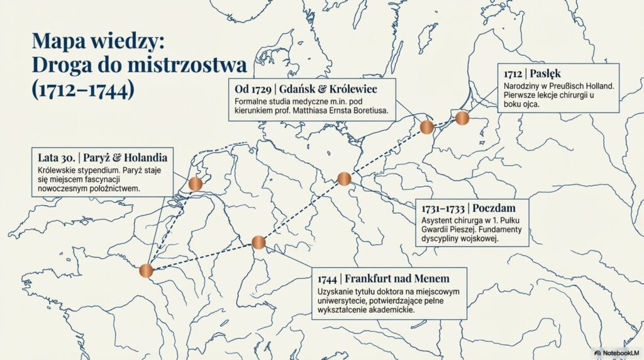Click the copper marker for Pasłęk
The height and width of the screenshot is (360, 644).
point(462,118)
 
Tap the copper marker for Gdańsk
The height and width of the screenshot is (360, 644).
point(427,127)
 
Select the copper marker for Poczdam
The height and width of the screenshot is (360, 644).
point(344,179)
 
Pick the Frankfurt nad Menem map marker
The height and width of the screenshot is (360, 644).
point(258,242)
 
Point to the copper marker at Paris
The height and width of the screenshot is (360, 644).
point(146,271)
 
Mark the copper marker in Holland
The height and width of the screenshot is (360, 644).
point(195,184)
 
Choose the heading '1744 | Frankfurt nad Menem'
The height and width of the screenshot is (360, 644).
point(384,278)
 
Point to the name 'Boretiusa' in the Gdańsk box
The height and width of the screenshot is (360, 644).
point(366,111)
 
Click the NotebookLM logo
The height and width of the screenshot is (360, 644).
point(616,353)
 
